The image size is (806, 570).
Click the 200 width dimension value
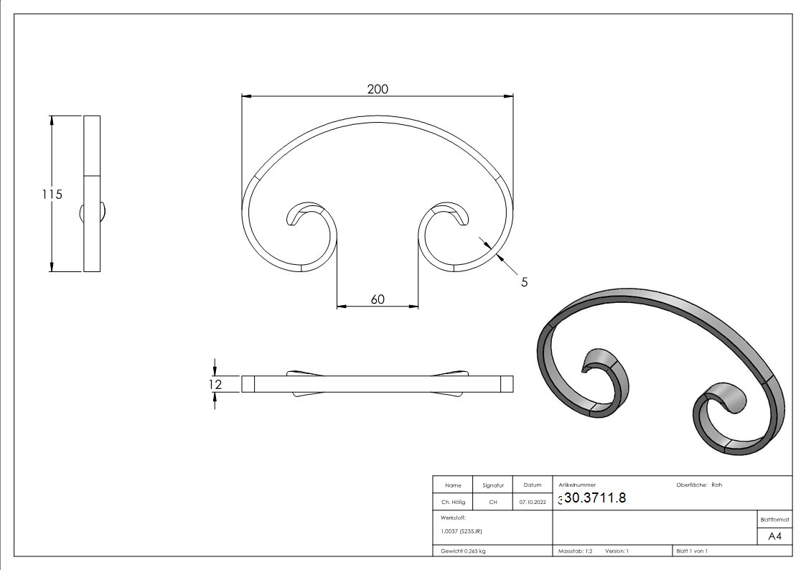point(378,89)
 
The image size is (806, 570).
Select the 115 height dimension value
point(52,194)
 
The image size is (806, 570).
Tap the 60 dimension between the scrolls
point(378,299)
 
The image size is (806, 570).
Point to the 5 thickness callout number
point(524,282)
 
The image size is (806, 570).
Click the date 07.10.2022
point(532,503)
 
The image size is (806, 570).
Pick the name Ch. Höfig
point(453,503)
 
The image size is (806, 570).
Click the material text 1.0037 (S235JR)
point(461,531)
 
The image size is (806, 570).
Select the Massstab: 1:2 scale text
point(575,551)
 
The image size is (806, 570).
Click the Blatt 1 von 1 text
point(691,551)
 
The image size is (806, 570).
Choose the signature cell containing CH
point(492,503)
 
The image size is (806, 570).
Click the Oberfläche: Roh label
point(699,485)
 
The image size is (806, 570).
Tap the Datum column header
point(532,485)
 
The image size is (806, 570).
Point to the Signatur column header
point(492,485)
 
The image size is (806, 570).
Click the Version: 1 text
point(617,551)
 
